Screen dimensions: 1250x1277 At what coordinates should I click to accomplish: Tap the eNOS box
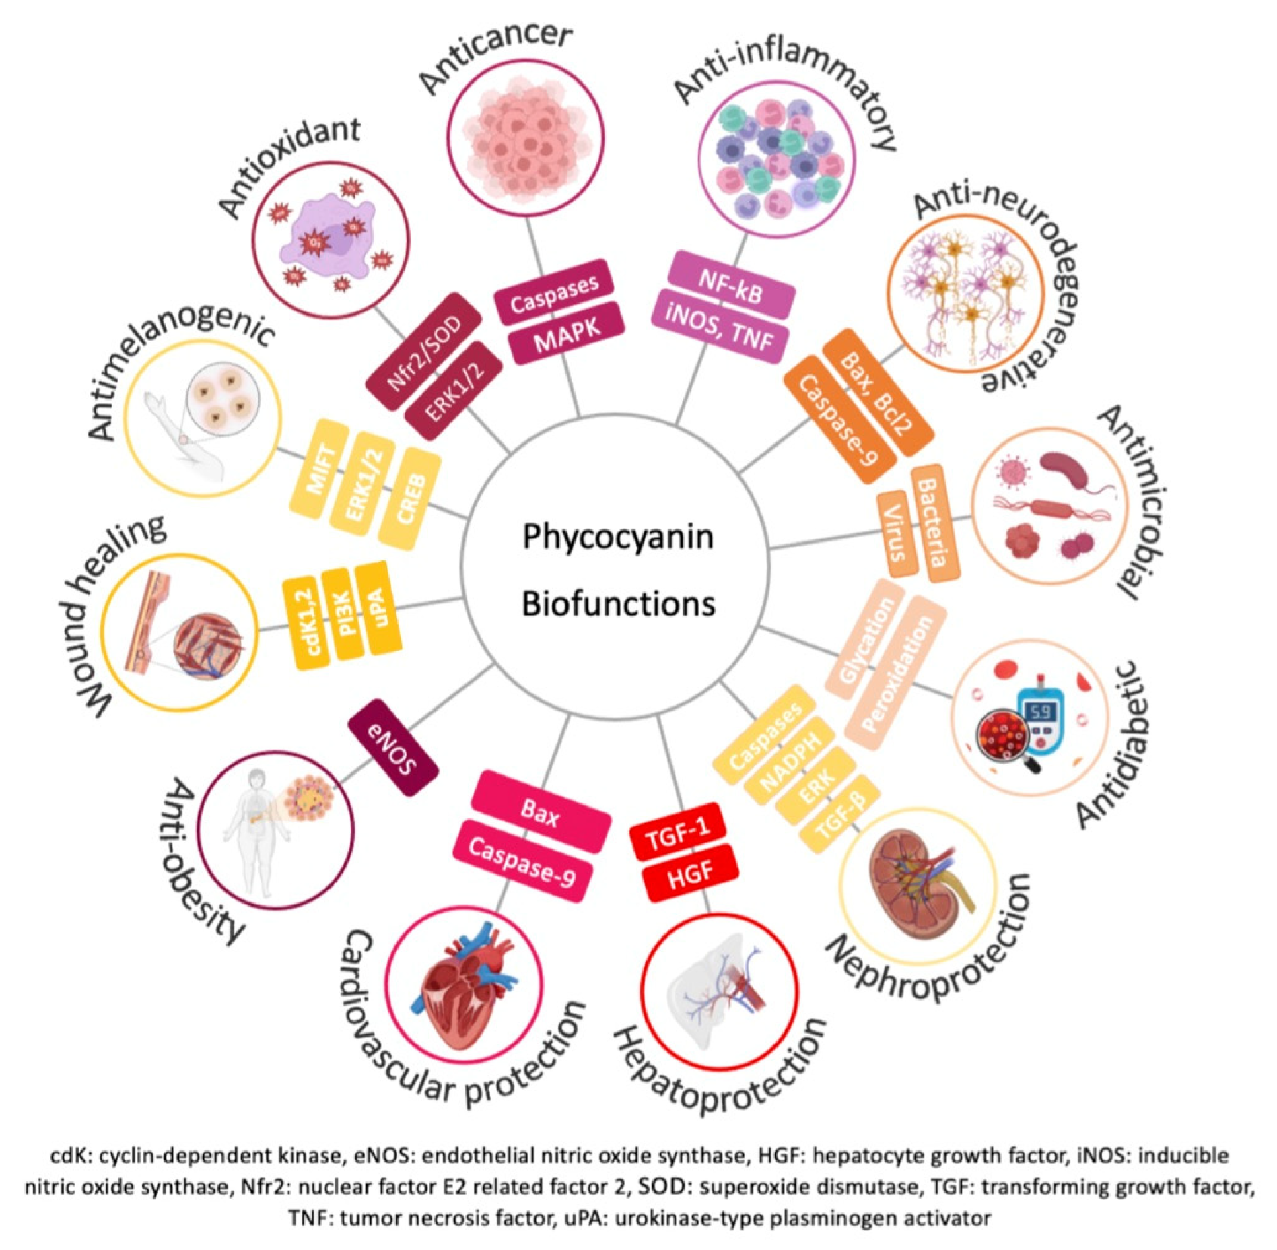[393, 748]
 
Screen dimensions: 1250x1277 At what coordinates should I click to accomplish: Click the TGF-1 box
[678, 834]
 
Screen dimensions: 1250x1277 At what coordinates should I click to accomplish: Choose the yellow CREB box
[410, 499]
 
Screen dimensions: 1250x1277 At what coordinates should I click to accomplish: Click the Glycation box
[868, 640]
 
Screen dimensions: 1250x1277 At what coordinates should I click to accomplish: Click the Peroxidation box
[897, 673]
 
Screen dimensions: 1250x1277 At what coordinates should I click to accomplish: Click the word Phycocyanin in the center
[617, 537]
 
